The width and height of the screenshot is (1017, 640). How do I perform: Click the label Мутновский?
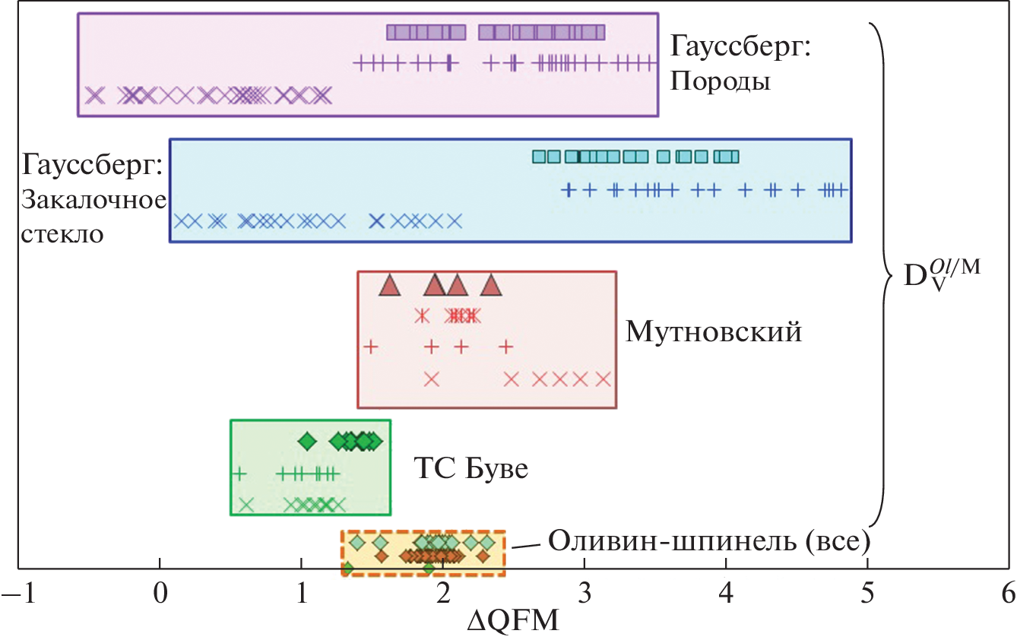pos(714,331)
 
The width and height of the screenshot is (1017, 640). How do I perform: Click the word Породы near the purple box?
pos(720,81)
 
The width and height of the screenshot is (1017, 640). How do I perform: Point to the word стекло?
pos(63,233)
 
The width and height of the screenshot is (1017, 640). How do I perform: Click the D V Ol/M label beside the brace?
pos(939,283)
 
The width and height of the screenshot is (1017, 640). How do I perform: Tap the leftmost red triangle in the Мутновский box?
pos(389,287)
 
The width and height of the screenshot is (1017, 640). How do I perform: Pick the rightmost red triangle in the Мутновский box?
pos(492,287)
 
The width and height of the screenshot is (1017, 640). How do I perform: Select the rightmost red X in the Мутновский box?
pos(604,379)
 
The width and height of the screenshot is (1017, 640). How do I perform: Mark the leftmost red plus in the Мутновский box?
pos(371,347)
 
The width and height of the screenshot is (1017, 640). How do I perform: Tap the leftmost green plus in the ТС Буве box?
pos(239,474)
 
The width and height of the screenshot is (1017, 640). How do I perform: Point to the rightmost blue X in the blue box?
pos(454,221)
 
